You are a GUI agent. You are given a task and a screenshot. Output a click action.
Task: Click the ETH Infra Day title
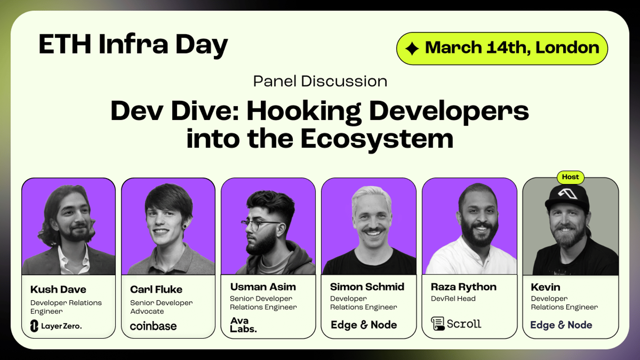[133, 45]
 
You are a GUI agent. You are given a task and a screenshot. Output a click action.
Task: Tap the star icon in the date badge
[412, 48]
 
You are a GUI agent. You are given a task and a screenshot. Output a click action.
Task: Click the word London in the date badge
[567, 48]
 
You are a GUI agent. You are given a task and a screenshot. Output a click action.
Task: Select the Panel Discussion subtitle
[320, 81]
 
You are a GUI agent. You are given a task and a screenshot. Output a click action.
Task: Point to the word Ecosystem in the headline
[377, 139]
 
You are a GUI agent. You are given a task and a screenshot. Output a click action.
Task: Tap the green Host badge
[570, 177]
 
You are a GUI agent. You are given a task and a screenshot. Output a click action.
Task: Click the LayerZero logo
[56, 326]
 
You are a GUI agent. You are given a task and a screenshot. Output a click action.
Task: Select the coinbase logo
[153, 326]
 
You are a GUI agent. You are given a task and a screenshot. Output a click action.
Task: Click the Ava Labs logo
[243, 325]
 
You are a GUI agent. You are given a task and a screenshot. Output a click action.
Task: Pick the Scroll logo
[456, 324]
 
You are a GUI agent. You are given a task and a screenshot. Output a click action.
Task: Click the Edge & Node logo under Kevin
[561, 325]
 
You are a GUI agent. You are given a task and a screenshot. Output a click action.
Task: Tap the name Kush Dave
[58, 290]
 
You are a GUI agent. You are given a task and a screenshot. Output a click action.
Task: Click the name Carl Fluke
[156, 290]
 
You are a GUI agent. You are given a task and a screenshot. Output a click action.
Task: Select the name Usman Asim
[263, 287]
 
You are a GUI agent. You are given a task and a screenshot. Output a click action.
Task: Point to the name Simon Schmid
[367, 287]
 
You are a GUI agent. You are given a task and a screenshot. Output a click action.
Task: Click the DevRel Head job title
[453, 298]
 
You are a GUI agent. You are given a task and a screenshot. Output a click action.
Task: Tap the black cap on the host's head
[568, 197]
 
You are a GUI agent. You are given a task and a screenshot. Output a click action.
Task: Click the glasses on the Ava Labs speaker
[260, 225]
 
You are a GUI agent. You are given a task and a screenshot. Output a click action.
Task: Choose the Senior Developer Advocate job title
[162, 307]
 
